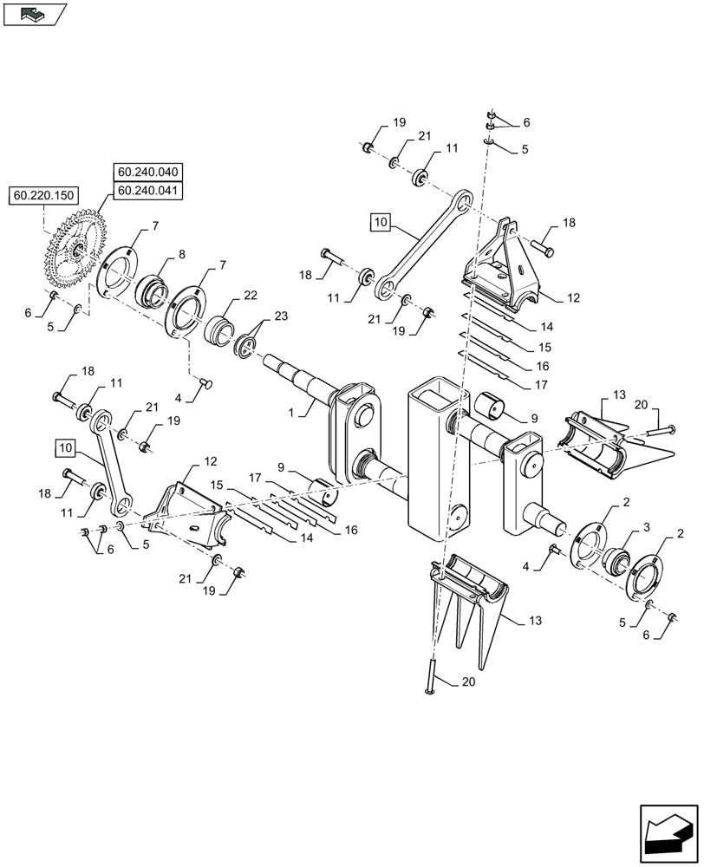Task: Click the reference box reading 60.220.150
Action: click(x=43, y=197)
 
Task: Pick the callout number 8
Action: click(x=182, y=255)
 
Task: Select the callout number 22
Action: click(x=251, y=296)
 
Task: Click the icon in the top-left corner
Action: click(x=34, y=13)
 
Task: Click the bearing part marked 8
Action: click(x=152, y=289)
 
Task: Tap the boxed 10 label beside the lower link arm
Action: click(x=65, y=448)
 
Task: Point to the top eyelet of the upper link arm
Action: click(x=463, y=202)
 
